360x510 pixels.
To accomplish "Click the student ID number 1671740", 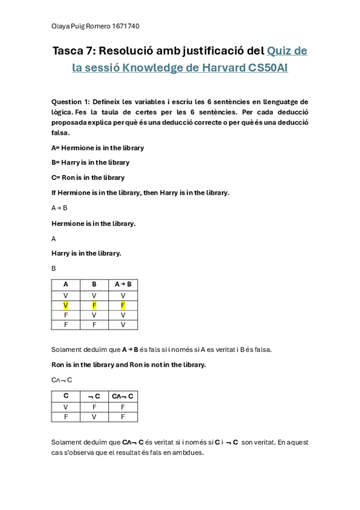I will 126,26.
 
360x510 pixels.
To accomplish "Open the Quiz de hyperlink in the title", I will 287,51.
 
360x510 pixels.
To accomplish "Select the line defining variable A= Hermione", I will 98,147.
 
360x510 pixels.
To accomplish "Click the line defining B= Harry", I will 90,162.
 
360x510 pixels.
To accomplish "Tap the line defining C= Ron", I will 88,177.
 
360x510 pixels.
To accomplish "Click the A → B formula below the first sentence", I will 59,207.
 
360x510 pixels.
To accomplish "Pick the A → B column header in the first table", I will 123,284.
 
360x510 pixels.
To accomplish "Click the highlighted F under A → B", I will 123,306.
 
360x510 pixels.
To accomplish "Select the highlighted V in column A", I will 66,306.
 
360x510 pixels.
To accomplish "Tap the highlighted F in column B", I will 94,306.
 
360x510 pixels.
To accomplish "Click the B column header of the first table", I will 94,284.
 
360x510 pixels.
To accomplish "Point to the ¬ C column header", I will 94,396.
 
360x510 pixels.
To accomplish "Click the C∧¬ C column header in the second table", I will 123,396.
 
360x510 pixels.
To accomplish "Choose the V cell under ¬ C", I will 94,416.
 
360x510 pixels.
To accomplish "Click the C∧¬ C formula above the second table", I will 62,379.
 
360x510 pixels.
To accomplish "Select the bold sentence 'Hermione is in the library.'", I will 93,223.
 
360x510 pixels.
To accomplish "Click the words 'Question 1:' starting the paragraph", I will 70,102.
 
